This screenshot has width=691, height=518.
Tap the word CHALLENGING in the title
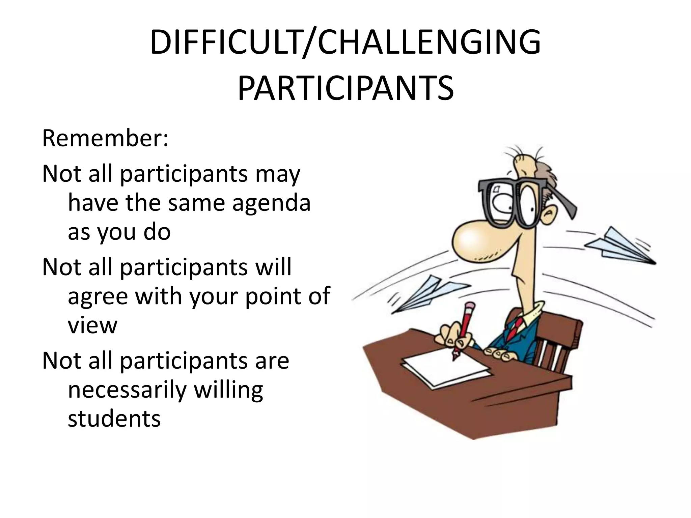(429, 43)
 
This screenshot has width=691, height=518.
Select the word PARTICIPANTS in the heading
(345, 88)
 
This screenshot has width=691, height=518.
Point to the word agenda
(271, 203)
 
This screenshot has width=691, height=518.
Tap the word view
(92, 325)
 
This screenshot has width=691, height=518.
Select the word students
(114, 419)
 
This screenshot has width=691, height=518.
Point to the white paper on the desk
(445, 368)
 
